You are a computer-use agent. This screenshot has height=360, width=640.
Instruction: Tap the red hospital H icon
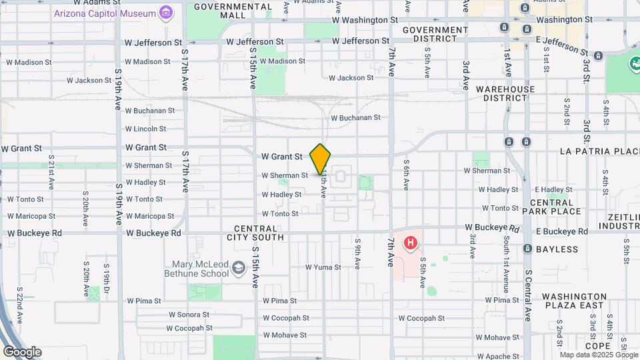pos(411,243)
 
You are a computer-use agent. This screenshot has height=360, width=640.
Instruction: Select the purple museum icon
pos(166,13)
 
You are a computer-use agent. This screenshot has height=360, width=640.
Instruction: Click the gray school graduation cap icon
pos(237,269)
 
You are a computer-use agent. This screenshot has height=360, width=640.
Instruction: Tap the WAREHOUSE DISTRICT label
pos(505,93)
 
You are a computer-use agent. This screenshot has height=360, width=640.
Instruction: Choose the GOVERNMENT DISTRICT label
pos(435,34)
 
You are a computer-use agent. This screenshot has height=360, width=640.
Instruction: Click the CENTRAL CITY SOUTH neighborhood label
pos(259,233)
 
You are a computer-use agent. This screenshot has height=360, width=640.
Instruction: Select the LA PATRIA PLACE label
pos(600,151)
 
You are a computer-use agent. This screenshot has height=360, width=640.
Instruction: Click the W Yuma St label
pos(323,267)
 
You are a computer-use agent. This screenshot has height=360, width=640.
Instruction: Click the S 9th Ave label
pos(357,253)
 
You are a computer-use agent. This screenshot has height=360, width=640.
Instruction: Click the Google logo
pos(22,352)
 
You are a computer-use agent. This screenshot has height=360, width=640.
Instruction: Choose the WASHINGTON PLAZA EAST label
pos(573,301)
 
